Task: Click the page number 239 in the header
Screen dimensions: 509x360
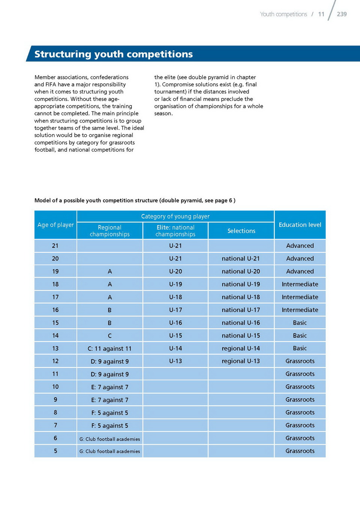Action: [x=342, y=14]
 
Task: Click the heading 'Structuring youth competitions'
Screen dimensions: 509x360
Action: [x=113, y=54]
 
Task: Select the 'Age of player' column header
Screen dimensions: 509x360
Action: [x=56, y=225]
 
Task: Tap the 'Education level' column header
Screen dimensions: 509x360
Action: [x=300, y=225]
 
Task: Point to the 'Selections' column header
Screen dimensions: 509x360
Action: [x=241, y=231]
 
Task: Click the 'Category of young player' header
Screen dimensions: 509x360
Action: [x=175, y=216]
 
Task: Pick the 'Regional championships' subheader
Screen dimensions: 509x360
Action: [x=110, y=231]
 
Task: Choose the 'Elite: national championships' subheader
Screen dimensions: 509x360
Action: [x=175, y=231]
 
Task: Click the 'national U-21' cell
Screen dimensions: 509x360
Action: [x=241, y=259]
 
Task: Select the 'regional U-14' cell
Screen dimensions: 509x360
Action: [x=241, y=348]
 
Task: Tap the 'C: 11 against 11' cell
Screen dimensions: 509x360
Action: [x=110, y=349]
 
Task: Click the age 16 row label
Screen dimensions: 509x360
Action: [x=56, y=310]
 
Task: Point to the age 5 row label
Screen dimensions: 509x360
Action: [x=56, y=451]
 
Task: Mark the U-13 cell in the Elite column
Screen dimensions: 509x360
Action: [x=175, y=361]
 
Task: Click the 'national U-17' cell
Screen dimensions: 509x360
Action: [x=241, y=310]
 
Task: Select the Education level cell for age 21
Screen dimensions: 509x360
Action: [x=300, y=246]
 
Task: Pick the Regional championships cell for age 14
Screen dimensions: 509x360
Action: [x=110, y=336]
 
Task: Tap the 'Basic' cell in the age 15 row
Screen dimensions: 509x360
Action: [x=300, y=323]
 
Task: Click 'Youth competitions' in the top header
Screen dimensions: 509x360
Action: [x=283, y=14]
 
